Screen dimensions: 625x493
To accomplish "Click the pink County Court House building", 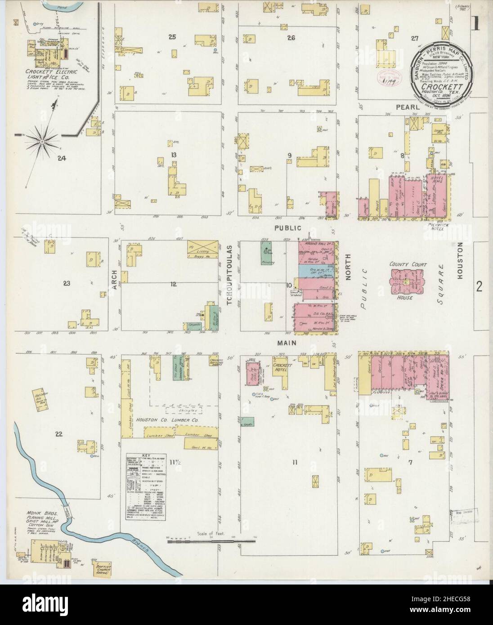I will (x=405, y=282).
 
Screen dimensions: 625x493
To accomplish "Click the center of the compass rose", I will (x=41, y=142).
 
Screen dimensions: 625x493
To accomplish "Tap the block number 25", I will (x=171, y=37).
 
